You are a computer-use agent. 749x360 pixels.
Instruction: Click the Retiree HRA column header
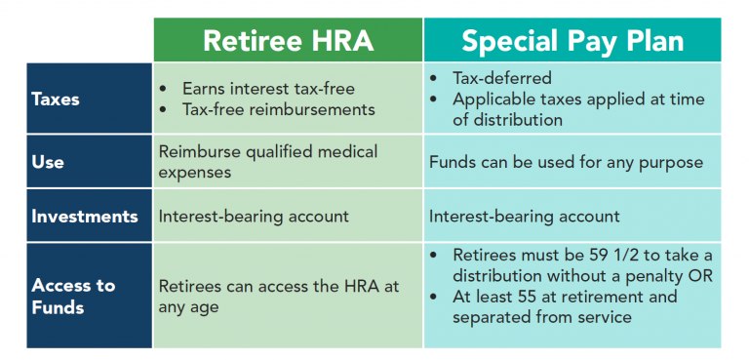pos(288,41)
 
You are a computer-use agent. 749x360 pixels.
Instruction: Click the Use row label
pos(48,162)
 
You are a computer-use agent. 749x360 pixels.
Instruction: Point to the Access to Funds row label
pos(73,296)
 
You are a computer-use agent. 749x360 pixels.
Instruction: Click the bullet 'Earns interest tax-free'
pos(268,89)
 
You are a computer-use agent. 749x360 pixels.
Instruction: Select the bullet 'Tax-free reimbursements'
pos(278,109)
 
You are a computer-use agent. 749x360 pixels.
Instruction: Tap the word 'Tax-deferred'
pos(502,78)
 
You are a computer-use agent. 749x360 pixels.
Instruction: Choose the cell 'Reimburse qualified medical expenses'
pos(267,162)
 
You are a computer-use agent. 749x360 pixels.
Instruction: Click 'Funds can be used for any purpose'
pos(566,162)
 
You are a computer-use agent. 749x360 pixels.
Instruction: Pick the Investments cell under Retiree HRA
pos(254,216)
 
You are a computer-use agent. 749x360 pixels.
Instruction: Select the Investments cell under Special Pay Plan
pos(524,216)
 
